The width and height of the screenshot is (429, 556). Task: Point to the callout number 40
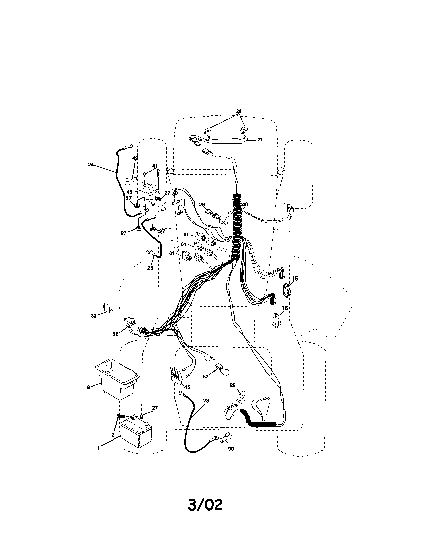(x=245, y=205)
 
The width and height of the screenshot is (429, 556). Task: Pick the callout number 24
(x=91, y=165)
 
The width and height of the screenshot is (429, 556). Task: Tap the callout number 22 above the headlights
(x=239, y=111)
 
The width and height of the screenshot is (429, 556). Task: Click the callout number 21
(x=260, y=140)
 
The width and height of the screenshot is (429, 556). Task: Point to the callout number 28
(x=206, y=401)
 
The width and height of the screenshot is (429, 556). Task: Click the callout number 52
(x=206, y=384)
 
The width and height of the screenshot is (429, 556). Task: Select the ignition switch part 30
(x=130, y=323)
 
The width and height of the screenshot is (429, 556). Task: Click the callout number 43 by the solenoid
(x=130, y=193)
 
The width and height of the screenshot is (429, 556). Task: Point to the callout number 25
(x=150, y=268)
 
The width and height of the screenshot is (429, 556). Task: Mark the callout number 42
(x=135, y=158)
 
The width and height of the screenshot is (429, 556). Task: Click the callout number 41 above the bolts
(x=155, y=166)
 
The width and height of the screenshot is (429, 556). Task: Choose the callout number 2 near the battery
(x=113, y=435)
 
